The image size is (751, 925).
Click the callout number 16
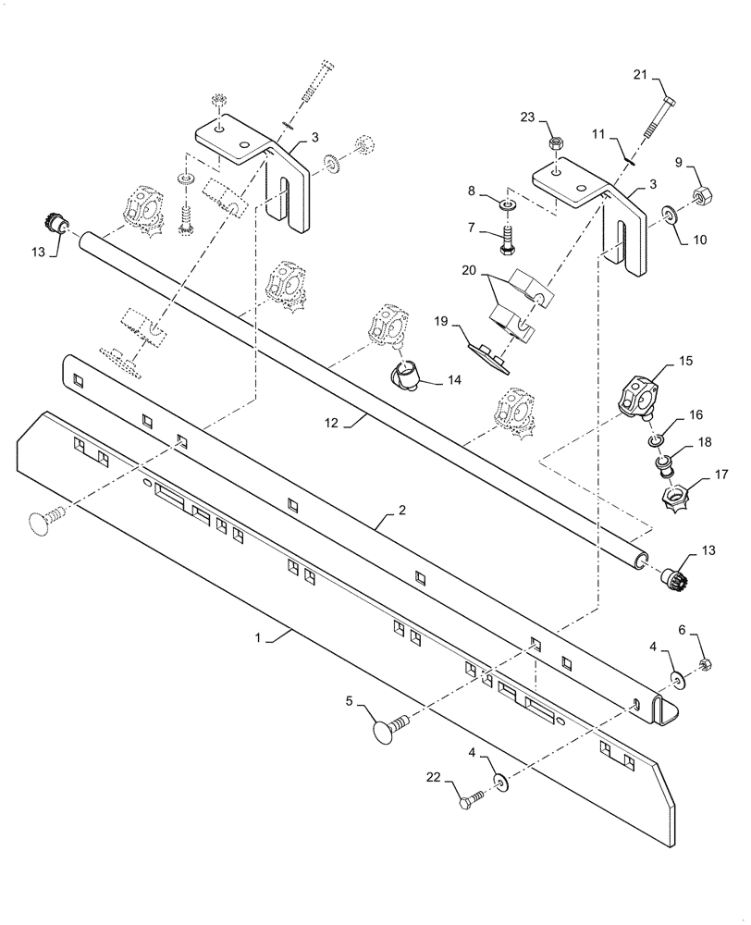pyautogui.click(x=695, y=415)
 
